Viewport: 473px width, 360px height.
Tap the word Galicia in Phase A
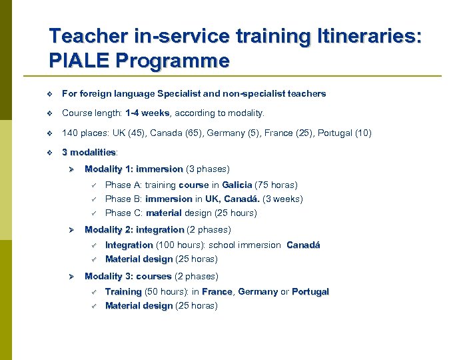[x=237, y=185]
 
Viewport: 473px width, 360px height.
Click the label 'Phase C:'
[x=124, y=213]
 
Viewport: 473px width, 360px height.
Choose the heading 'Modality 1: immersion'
[x=134, y=169]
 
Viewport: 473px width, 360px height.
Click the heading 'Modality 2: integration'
[x=135, y=229]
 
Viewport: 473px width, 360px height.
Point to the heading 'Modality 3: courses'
[x=128, y=276]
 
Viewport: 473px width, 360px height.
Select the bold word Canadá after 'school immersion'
[x=303, y=245]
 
